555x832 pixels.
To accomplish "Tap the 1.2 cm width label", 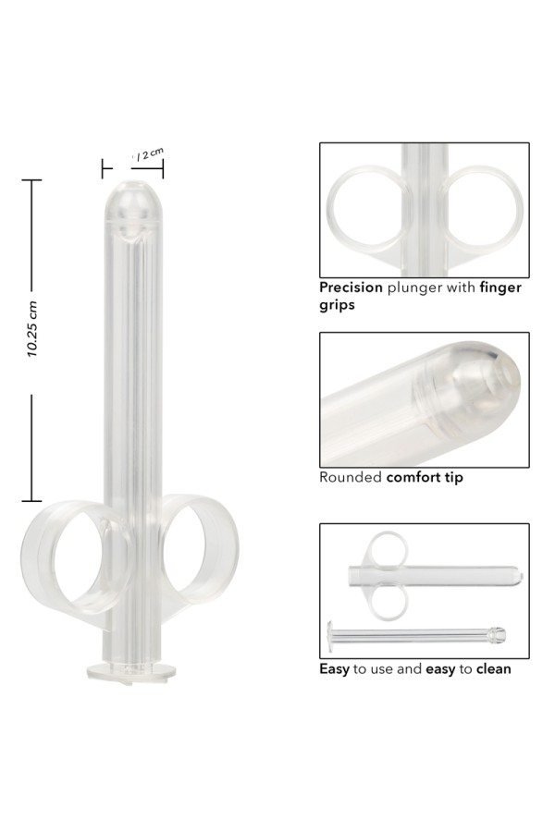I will (148, 155).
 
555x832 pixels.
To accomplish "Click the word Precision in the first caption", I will (351, 288).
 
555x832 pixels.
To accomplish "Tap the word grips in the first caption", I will (337, 303).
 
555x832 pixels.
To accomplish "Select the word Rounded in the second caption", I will (349, 478).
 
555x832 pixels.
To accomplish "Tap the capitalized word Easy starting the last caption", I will (334, 668).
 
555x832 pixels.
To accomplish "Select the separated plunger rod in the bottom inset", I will (416, 636).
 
